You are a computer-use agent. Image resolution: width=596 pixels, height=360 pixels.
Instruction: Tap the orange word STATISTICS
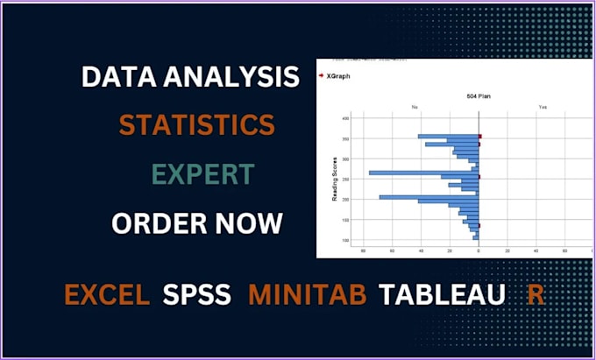[x=196, y=125]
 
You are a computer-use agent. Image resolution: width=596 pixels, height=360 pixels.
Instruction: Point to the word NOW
[x=249, y=223]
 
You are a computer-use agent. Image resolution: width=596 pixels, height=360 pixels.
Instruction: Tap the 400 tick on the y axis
[x=345, y=117]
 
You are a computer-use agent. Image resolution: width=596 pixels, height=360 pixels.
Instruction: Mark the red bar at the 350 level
[x=480, y=136]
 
